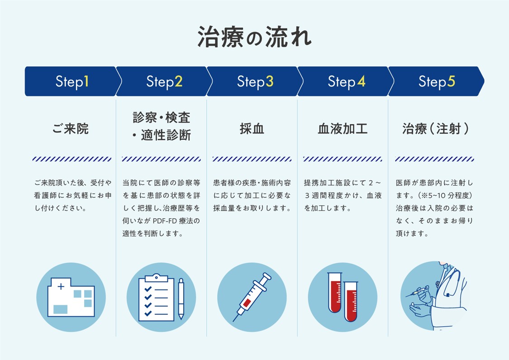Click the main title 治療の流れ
pyautogui.click(x=254, y=37)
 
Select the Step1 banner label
pyautogui.click(x=72, y=82)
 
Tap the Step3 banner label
pyautogui.click(x=255, y=82)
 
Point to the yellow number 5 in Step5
pyautogui.click(x=451, y=81)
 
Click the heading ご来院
pyautogui.click(x=71, y=129)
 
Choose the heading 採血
pyautogui.click(x=252, y=129)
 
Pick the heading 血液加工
pyautogui.click(x=343, y=129)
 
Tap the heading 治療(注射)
pyautogui.click(x=435, y=129)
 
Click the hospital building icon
pyautogui.click(x=71, y=297)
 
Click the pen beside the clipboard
pyautogui.click(x=181, y=298)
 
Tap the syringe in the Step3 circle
pyautogui.click(x=252, y=297)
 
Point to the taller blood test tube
pyautogui.click(x=335, y=293)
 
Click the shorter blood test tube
pyautogui.click(x=351, y=302)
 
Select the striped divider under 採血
pyautogui.click(x=252, y=159)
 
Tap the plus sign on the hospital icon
pyautogui.click(x=61, y=287)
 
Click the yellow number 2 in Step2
pyautogui.click(x=179, y=81)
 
